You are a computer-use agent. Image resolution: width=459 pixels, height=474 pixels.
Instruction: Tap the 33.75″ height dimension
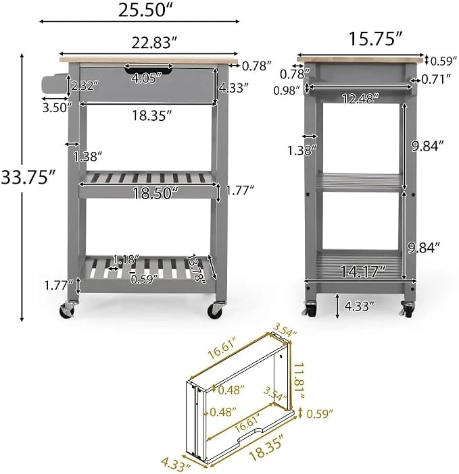pos(29,177)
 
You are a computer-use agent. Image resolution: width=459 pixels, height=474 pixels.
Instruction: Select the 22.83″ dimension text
pos(154,43)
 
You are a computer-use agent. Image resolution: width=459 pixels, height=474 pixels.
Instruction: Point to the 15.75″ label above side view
pos(375,38)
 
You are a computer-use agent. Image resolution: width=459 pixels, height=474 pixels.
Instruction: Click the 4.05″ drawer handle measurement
pos(147,78)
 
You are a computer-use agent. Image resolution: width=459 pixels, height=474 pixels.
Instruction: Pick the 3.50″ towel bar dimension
pos(57,107)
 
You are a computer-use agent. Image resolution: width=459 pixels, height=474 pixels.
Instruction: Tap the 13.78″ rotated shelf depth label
pos(197,268)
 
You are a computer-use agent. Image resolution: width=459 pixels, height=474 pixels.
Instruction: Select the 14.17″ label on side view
pos(364,271)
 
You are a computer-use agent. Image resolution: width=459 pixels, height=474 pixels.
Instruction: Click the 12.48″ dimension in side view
pos(360,99)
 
